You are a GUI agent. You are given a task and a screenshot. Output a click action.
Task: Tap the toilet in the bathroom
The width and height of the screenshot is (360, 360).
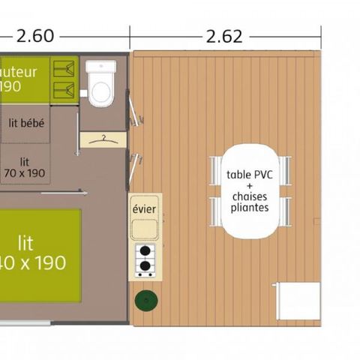click(x=100, y=85)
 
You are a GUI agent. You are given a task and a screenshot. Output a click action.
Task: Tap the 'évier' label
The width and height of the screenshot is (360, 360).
click(x=144, y=208)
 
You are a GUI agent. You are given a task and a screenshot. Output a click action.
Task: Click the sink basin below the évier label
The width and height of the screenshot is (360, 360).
click(x=144, y=228)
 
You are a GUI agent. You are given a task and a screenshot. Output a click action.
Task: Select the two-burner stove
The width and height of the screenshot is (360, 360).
click(x=145, y=258)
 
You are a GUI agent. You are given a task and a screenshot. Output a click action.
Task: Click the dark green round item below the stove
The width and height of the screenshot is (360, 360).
click(x=146, y=301)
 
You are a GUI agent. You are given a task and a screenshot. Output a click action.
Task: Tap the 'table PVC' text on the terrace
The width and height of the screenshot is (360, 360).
click(x=249, y=175)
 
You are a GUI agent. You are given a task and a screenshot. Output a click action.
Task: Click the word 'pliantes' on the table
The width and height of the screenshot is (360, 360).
click(x=249, y=207)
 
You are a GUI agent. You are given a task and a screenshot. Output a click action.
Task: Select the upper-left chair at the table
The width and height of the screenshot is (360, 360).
click(x=215, y=169)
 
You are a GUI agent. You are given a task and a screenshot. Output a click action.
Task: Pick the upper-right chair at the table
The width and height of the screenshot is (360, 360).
click(x=285, y=169)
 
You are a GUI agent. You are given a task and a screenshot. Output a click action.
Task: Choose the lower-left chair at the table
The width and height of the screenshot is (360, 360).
click(x=215, y=211)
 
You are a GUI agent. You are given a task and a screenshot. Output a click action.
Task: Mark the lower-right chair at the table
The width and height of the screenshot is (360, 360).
click(x=285, y=211)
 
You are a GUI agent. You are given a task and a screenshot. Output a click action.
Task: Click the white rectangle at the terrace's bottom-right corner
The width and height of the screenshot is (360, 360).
click(x=297, y=301)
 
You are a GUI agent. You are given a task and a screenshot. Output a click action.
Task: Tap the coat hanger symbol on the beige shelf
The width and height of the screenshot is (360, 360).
click(x=103, y=138)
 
